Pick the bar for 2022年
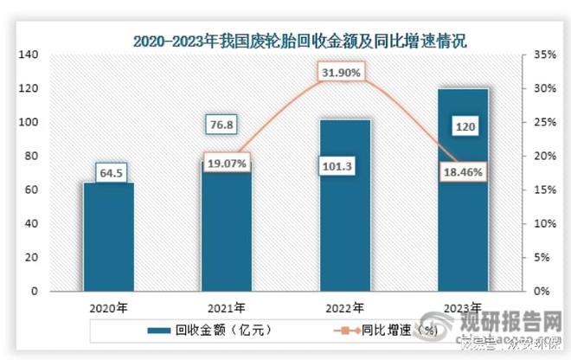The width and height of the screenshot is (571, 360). pos(344,216)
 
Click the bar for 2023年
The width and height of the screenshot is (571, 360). pos(463,208)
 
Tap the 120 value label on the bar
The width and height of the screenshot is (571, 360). pos(463,128)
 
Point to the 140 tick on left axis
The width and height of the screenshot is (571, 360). pos(29,55)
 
